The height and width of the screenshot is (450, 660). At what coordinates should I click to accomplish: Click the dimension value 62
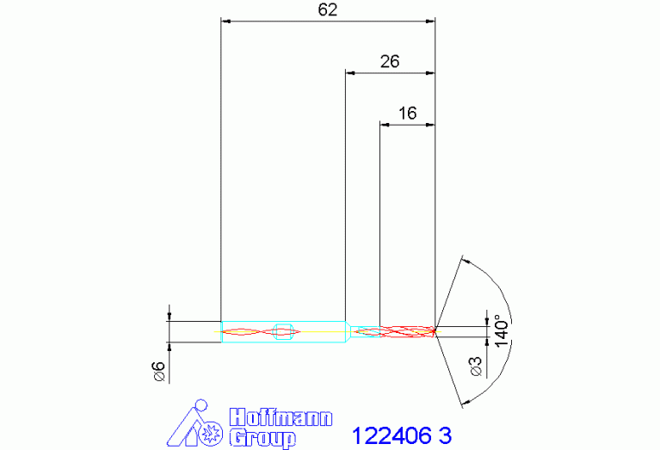coord(328,9)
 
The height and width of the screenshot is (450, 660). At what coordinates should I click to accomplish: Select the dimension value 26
coord(389,61)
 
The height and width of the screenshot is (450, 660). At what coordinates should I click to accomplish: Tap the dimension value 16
coord(408,114)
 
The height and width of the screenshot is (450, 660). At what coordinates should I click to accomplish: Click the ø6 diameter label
coord(159,372)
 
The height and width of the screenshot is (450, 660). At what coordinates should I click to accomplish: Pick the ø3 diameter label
coord(476,367)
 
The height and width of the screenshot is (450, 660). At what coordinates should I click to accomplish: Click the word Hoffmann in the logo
coord(281,417)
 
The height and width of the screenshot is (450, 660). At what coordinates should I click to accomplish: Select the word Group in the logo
coord(262,438)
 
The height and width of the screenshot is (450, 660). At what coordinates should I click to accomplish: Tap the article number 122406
coord(392,435)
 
